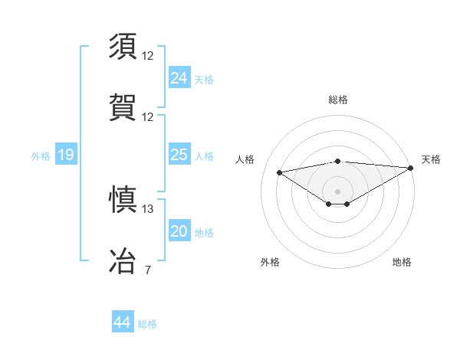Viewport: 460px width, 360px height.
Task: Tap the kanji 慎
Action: pyautogui.click(x=123, y=200)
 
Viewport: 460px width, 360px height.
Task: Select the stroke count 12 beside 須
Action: pyautogui.click(x=148, y=56)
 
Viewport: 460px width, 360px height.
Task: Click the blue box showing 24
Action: pyautogui.click(x=179, y=77)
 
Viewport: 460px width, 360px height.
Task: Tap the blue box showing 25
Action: pyautogui.click(x=179, y=155)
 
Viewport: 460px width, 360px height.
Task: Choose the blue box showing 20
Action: pyautogui.click(x=179, y=231)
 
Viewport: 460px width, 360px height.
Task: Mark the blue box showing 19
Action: pyautogui.click(x=65, y=155)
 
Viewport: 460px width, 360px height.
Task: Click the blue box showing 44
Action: pyautogui.click(x=122, y=322)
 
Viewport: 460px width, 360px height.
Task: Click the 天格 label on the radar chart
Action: pyautogui.click(x=431, y=159)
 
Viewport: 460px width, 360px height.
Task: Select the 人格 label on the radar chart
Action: pyautogui.click(x=245, y=159)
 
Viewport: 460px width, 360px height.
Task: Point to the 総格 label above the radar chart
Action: pyautogui.click(x=338, y=100)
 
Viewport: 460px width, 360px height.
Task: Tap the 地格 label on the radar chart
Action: pyautogui.click(x=402, y=262)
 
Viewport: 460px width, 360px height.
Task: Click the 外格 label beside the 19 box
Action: pyautogui.click(x=41, y=155)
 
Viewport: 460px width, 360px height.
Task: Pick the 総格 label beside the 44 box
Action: pyautogui.click(x=147, y=323)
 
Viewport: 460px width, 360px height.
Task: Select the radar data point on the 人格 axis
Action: pyautogui.click(x=279, y=172)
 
